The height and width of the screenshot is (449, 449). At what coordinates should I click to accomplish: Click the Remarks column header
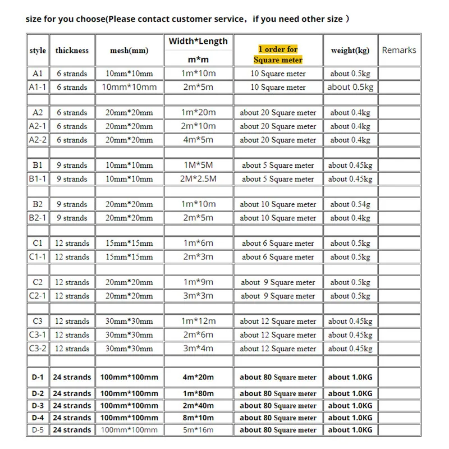click(399, 50)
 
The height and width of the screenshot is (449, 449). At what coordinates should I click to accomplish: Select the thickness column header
click(72, 51)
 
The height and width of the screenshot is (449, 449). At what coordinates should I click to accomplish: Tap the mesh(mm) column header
click(129, 51)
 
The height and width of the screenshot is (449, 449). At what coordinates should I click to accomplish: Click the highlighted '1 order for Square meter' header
click(278, 54)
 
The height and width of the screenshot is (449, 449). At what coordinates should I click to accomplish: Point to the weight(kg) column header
click(350, 51)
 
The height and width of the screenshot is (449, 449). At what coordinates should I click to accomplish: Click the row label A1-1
click(38, 87)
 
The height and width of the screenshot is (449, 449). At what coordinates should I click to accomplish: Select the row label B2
click(38, 204)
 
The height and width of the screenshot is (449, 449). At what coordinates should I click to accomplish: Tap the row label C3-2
click(38, 349)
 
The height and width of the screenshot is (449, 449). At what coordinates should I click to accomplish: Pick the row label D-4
click(38, 418)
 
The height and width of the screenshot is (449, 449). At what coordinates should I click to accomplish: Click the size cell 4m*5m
click(198, 140)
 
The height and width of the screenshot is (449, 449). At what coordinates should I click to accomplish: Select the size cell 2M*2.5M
click(198, 179)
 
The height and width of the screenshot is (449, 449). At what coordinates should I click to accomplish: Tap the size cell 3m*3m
click(198, 296)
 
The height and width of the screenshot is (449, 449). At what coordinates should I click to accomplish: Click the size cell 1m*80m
click(198, 393)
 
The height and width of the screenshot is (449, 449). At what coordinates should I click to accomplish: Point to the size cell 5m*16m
click(198, 430)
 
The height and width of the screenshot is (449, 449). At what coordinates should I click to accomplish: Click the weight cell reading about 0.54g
click(350, 204)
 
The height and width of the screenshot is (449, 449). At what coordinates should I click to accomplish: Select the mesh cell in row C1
click(129, 243)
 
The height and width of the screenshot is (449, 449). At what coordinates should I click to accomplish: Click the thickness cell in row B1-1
click(72, 179)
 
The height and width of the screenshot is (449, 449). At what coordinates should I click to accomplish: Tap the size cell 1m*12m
click(198, 321)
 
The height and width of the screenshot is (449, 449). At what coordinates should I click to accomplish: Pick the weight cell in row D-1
click(350, 377)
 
